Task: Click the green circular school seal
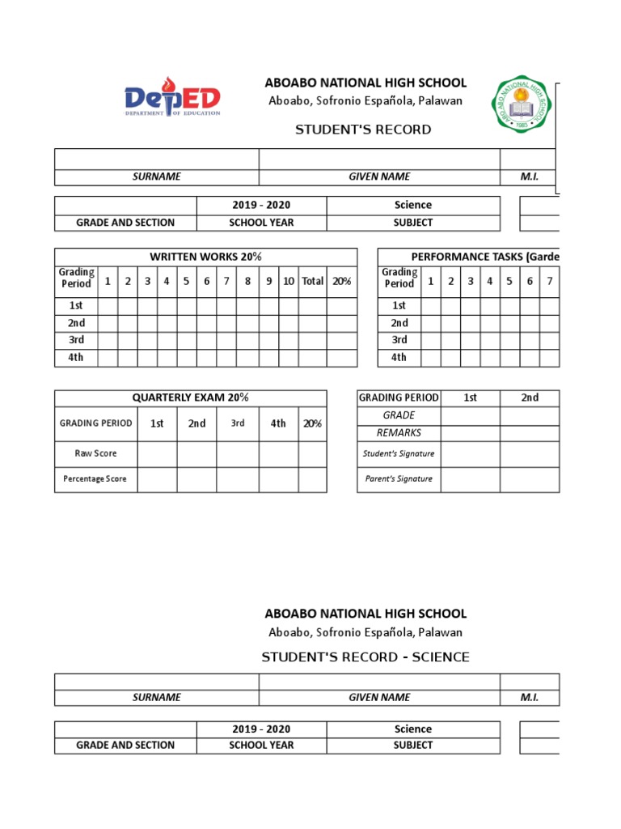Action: click(x=523, y=108)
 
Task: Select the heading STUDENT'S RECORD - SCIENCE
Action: click(x=365, y=657)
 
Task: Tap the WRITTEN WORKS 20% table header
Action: click(x=205, y=257)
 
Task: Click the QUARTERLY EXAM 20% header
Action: click(x=191, y=397)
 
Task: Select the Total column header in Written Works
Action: click(x=312, y=281)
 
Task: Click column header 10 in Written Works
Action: click(x=288, y=281)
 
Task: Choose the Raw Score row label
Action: click(x=95, y=453)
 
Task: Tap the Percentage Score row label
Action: click(x=95, y=478)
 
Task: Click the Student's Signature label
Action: click(x=399, y=453)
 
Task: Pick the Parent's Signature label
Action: click(x=399, y=478)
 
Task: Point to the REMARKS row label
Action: click(x=399, y=433)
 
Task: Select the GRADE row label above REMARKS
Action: click(x=399, y=415)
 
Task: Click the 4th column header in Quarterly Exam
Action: click(x=278, y=423)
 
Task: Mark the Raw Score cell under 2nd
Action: click(x=196, y=453)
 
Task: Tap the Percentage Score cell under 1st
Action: click(x=157, y=478)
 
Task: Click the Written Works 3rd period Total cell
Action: click(x=312, y=340)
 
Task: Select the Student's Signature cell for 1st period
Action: click(x=470, y=453)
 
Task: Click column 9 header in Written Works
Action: click(x=268, y=281)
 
